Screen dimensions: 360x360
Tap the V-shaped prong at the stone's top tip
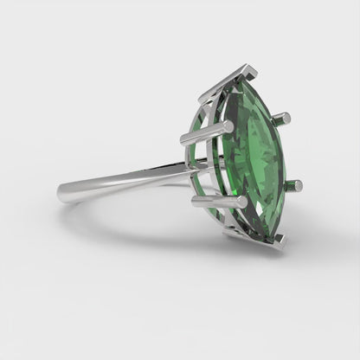(x=227, y=81)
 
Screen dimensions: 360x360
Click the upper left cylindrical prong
(x=206, y=133)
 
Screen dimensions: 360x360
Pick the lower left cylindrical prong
(x=218, y=203)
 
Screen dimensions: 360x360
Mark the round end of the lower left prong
(x=196, y=202)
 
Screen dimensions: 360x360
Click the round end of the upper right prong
(x=286, y=117)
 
